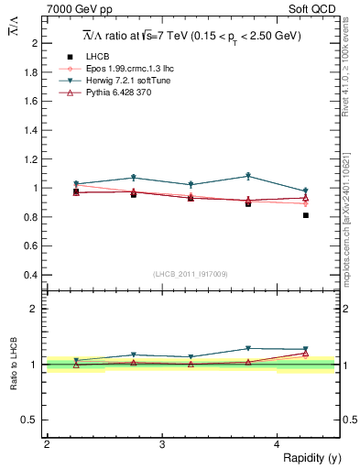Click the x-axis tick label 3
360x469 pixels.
161,444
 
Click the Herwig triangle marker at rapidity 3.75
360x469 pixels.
248,176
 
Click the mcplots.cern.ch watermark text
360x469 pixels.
349,202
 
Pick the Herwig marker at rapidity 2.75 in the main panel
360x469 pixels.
133,178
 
